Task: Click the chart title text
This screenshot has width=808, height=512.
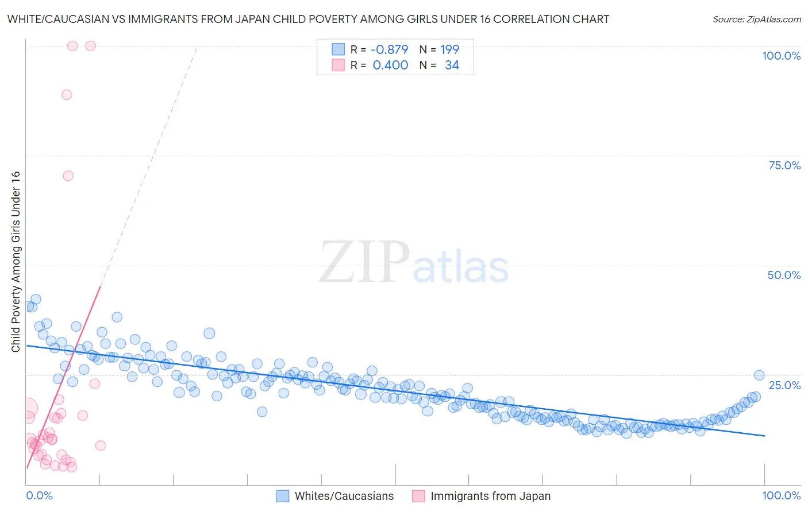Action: tap(308, 20)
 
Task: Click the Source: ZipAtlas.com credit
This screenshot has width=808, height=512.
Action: tap(756, 20)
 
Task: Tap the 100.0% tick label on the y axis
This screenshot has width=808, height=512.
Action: tap(781, 56)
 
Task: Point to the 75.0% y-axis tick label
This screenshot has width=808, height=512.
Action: tap(784, 165)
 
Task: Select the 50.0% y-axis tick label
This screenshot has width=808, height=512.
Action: tap(784, 275)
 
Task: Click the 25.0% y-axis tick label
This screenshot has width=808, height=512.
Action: tap(784, 385)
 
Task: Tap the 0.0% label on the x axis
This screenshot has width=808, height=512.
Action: tap(39, 495)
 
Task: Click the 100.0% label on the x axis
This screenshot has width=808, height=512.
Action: tap(781, 495)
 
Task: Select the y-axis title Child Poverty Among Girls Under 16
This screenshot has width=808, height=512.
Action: tap(16, 262)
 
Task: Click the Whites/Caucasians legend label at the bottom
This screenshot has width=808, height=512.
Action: tap(344, 497)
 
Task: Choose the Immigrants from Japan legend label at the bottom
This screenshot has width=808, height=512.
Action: tap(490, 497)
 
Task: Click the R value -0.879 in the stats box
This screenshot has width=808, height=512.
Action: tap(389, 49)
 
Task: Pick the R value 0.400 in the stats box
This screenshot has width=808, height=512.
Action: tap(390, 65)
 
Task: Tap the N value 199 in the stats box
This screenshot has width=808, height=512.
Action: tap(449, 49)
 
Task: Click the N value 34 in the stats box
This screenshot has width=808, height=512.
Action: tap(452, 65)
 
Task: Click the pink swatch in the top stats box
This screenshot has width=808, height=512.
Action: tap(338, 65)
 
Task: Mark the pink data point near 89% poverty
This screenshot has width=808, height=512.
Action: tap(67, 95)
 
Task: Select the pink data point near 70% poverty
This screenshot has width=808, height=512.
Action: tap(68, 176)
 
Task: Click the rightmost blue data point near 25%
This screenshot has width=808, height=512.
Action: tap(759, 375)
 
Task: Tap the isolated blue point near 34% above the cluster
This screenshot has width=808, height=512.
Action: tap(209, 333)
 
